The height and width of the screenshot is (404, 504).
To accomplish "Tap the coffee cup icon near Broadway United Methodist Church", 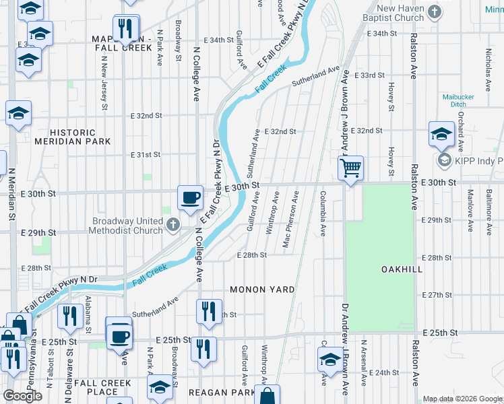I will tap(190, 197).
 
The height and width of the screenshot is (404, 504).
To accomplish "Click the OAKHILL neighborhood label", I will tap(402, 269).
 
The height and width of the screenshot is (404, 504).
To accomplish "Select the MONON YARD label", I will tap(262, 290).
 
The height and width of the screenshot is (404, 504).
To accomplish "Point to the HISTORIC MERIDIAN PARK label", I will tap(80, 137).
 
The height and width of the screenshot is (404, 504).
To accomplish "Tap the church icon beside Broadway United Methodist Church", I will tap(173, 224).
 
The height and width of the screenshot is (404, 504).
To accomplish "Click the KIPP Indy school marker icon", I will tap(445, 160).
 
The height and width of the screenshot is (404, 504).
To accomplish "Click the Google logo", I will tap(23, 396).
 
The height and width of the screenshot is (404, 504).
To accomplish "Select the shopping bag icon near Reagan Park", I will tap(267, 397).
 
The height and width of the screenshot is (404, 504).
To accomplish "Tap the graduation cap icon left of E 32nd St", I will tap(18, 114).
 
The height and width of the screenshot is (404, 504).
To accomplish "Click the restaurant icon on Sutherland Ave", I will tap(209, 311).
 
